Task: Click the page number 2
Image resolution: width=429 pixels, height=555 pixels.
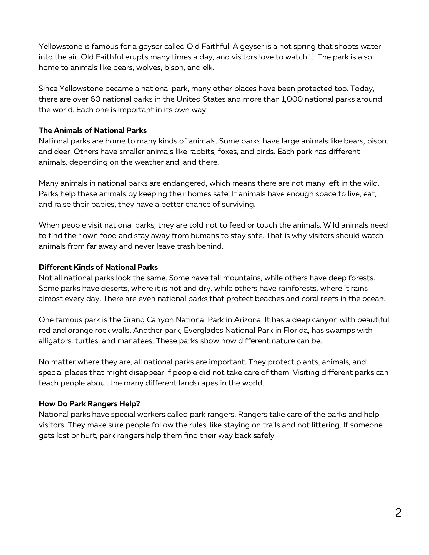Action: pos(398,513)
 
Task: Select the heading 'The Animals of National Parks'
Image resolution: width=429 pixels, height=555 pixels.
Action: pos(93,130)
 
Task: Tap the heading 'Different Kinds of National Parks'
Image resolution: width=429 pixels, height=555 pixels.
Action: pos(98,267)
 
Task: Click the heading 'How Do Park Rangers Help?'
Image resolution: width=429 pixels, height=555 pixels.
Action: pos(89,404)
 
